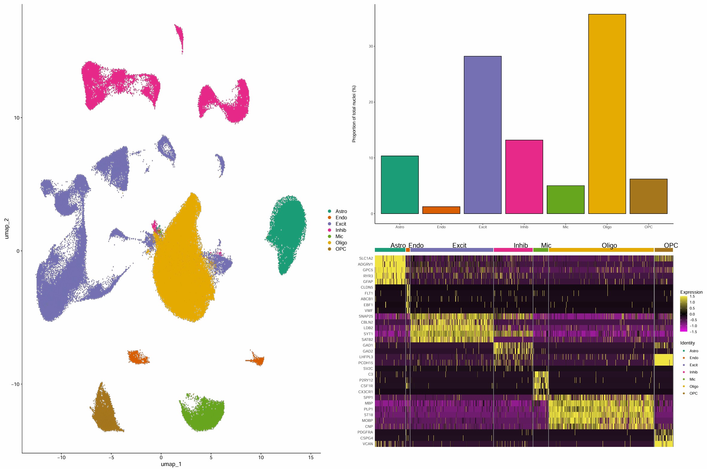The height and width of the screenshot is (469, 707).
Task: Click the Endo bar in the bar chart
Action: click(441, 210)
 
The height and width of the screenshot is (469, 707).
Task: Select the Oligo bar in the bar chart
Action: click(607, 114)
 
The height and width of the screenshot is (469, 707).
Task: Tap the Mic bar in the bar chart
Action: click(565, 200)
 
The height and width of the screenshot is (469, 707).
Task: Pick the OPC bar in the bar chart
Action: click(648, 196)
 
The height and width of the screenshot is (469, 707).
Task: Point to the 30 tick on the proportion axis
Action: click(371, 46)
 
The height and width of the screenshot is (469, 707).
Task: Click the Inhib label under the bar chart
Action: click(524, 227)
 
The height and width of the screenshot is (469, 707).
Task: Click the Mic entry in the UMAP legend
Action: click(339, 236)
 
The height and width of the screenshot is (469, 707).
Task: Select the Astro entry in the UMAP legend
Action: click(340, 211)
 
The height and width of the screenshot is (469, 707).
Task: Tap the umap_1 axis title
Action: click(171, 464)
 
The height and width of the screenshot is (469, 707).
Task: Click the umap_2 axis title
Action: click(7, 229)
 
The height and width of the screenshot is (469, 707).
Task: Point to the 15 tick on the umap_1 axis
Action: click(311, 457)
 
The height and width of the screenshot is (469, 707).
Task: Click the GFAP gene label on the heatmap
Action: click(368, 281)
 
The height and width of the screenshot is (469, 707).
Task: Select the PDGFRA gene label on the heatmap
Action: click(365, 432)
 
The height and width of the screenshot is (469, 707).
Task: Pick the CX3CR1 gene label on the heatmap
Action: click(366, 392)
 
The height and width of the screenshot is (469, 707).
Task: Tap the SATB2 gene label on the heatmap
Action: click(367, 339)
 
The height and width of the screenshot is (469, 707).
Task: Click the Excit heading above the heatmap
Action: click(459, 246)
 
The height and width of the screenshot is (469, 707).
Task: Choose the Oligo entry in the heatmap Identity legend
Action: click(694, 387)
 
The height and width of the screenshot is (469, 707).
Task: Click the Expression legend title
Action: click(691, 292)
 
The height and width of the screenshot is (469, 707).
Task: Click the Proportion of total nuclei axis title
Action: click(354, 114)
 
